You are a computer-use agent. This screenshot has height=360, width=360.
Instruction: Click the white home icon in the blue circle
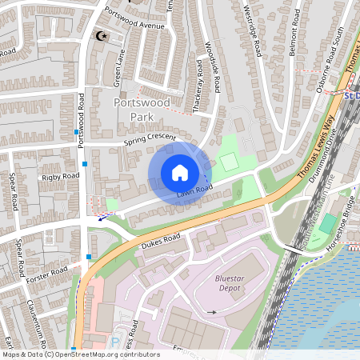click(180, 173)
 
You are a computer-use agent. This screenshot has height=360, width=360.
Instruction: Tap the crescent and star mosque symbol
click(102, 36)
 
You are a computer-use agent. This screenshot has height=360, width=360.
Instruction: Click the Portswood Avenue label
click(138, 24)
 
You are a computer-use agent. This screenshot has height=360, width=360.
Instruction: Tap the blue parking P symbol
click(114, 342)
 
